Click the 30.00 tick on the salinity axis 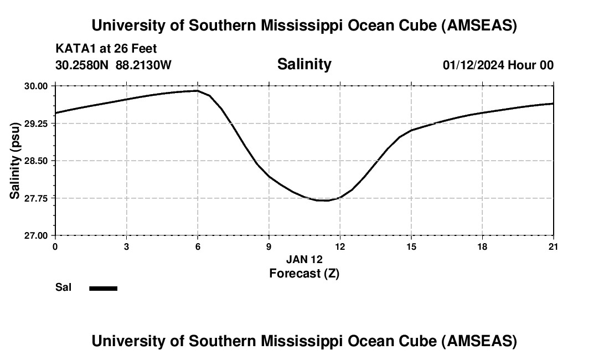point(36,86)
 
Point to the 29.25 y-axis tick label point(36,124)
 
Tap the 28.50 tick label point(36,161)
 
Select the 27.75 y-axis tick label point(36,198)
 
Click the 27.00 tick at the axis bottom point(36,235)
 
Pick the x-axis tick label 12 point(340,246)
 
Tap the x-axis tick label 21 point(553,246)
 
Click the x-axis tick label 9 point(269,246)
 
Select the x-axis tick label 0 point(55,246)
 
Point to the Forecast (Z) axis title point(304,273)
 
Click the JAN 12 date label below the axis point(304,259)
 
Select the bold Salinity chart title point(304,64)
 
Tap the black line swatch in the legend point(103,288)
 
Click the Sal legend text point(63,287)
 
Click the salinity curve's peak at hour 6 point(197,91)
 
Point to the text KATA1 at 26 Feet point(106,49)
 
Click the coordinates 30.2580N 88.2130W point(113,65)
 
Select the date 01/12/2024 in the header point(473,65)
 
